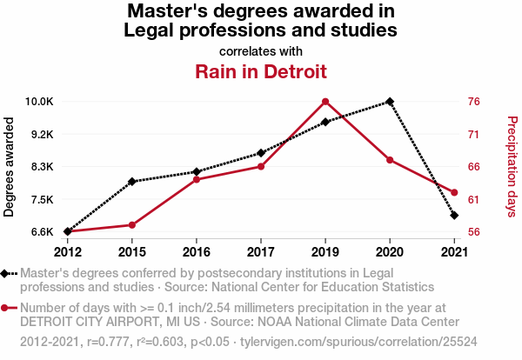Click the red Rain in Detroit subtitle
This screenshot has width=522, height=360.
261,71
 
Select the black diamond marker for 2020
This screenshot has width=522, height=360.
389,102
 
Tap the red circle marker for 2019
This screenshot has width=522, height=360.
325,102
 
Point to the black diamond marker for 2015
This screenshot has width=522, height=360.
132,182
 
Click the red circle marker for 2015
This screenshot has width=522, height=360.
132,225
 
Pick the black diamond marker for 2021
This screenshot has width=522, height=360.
453,215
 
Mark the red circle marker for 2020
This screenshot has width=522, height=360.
389,160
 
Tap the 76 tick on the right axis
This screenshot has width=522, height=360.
473,102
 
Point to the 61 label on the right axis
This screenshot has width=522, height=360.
473,199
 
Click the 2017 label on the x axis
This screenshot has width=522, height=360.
260,252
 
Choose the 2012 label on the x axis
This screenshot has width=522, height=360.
68,252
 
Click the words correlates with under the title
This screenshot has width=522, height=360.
261,50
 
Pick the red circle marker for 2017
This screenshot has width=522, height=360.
260,166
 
